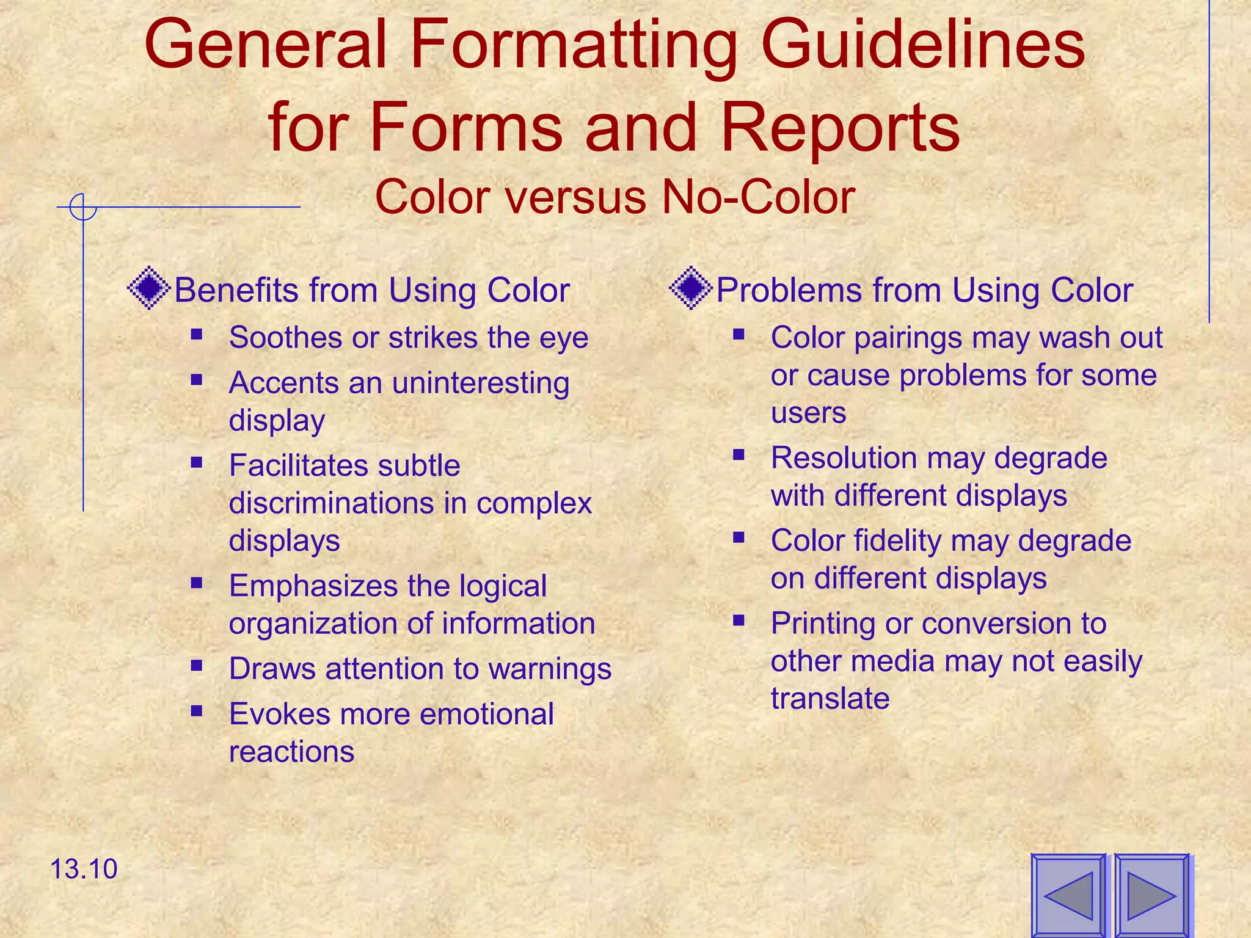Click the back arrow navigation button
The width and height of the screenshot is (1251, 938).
point(1068,895)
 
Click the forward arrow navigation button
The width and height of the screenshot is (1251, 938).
point(1152,895)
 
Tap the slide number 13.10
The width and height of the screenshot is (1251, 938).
point(83,868)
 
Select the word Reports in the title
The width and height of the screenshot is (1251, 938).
point(841,128)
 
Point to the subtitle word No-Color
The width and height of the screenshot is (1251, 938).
point(757,197)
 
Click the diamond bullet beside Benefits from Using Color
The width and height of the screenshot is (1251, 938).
point(148,288)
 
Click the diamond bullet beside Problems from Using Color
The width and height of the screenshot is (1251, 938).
point(690,288)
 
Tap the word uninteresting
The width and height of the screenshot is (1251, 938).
point(481,384)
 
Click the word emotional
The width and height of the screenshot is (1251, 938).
point(486,714)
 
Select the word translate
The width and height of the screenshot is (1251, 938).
point(830,698)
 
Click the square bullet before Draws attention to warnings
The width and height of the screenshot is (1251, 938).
point(196,665)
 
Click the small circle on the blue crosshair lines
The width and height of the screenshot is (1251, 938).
point(83,207)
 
